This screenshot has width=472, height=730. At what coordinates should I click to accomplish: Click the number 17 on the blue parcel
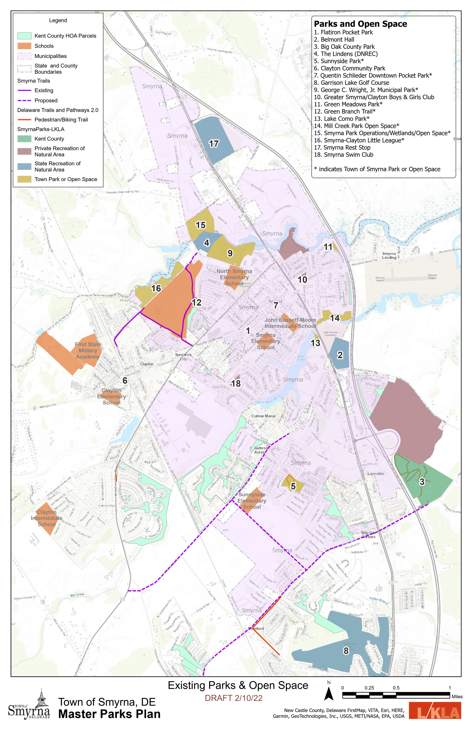(x=214, y=143)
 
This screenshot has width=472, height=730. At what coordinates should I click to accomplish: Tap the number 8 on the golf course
(x=346, y=651)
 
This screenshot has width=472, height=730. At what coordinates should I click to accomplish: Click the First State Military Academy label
(x=88, y=350)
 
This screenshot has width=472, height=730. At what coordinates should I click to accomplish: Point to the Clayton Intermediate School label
(x=47, y=518)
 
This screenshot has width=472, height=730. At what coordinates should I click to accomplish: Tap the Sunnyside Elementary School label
(x=252, y=501)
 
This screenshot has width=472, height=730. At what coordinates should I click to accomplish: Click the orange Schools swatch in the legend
(x=24, y=46)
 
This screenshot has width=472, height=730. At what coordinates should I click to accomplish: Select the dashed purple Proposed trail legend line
(x=24, y=101)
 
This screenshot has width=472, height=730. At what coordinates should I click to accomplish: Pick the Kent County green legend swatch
(x=24, y=139)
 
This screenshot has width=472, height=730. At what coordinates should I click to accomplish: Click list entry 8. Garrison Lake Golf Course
(x=351, y=83)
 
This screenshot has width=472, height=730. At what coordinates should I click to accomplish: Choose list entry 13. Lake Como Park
(x=342, y=119)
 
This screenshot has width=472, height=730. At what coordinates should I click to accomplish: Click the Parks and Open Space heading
(x=360, y=24)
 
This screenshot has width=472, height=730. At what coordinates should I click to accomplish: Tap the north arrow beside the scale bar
(x=329, y=693)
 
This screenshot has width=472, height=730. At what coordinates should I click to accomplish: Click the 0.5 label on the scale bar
(x=396, y=688)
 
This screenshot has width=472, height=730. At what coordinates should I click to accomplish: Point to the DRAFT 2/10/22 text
(x=233, y=698)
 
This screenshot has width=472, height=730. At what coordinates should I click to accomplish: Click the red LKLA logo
(x=435, y=711)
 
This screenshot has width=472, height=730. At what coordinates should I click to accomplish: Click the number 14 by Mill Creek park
(x=335, y=318)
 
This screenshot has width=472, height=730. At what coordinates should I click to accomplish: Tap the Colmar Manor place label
(x=264, y=416)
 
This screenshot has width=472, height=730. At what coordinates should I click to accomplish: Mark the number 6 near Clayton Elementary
(x=125, y=380)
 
